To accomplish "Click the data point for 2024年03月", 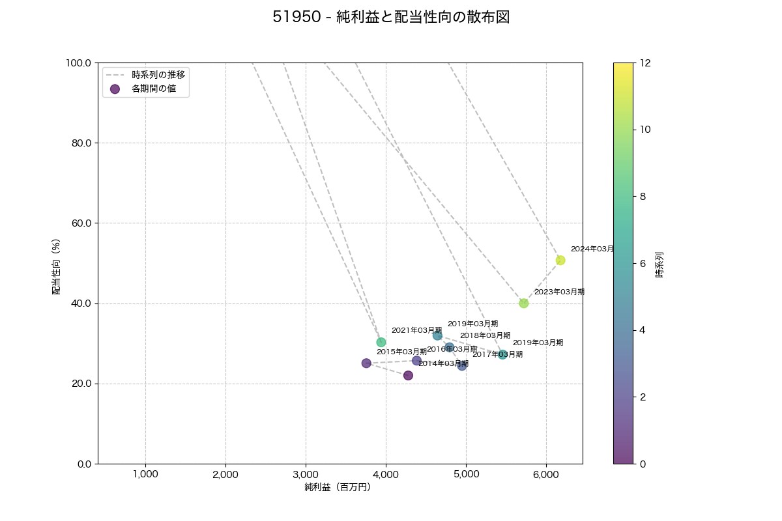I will tap(560, 260).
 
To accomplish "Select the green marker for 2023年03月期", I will tap(524, 303).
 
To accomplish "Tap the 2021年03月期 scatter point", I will tap(381, 343).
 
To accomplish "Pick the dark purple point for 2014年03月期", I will tap(408, 375).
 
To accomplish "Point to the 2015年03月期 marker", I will tap(366, 363).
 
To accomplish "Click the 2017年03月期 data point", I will tap(462, 365).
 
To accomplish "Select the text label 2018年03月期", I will tap(485, 335).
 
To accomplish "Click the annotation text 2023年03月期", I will tap(559, 292).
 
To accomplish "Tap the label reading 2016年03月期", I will tap(452, 349).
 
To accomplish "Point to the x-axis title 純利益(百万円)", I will tap(338, 487).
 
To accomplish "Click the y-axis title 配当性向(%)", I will tap(57, 266).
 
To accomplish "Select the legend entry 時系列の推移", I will tap(158, 75).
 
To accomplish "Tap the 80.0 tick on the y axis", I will tap(81, 143).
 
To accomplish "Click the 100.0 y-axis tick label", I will tap(79, 63).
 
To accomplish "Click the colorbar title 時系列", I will tap(659, 264).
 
